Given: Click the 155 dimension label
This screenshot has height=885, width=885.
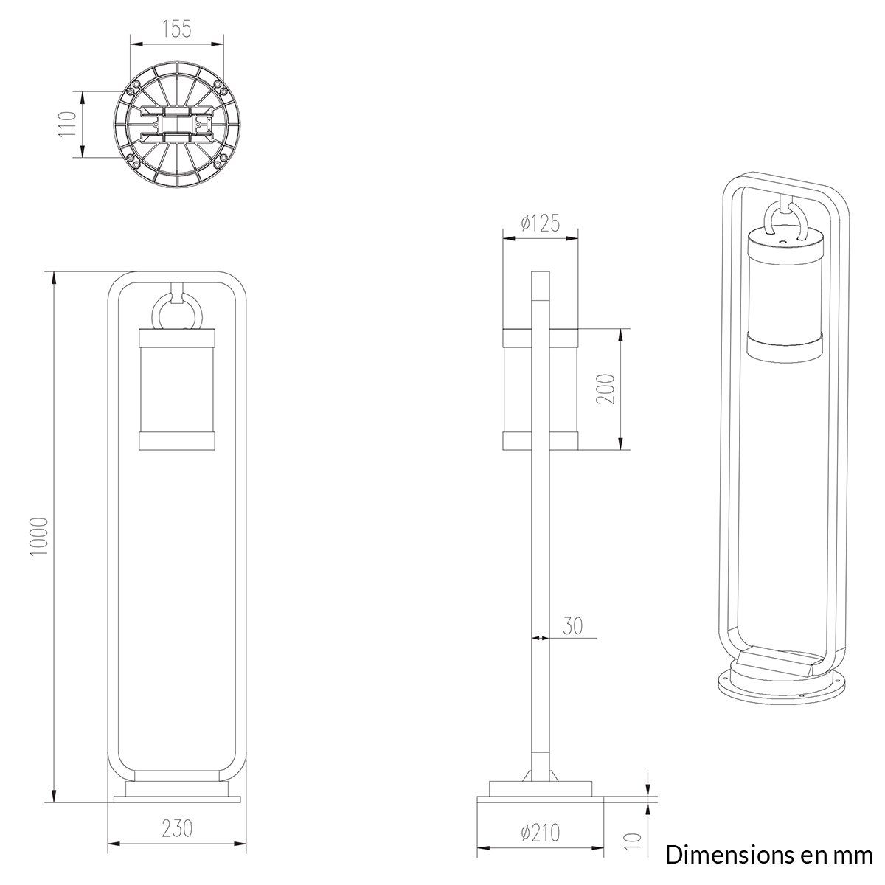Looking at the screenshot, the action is [x=177, y=29].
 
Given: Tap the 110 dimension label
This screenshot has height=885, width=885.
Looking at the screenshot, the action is [x=68, y=124].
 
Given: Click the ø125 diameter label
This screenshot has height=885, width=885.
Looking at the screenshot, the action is [x=541, y=223].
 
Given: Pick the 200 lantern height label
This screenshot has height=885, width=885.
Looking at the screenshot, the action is [x=605, y=389].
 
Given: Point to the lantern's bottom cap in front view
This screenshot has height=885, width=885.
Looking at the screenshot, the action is [x=177, y=440].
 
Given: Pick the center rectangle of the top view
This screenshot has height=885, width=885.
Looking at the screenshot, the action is [x=176, y=124].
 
